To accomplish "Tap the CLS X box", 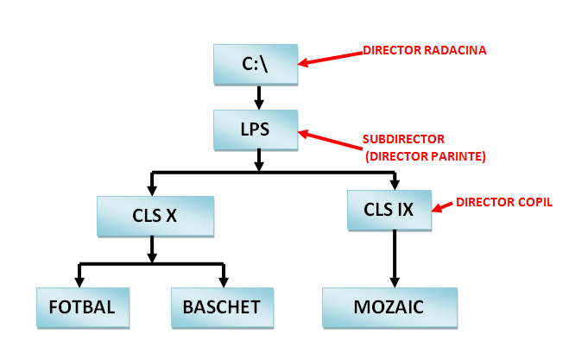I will [155, 215].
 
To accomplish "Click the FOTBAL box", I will [82, 306].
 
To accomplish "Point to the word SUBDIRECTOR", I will [402, 140].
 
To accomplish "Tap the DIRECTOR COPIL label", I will [503, 202].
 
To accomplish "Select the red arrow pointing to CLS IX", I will [441, 206].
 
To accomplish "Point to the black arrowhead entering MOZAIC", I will [395, 281].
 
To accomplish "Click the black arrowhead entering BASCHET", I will [224, 281].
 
